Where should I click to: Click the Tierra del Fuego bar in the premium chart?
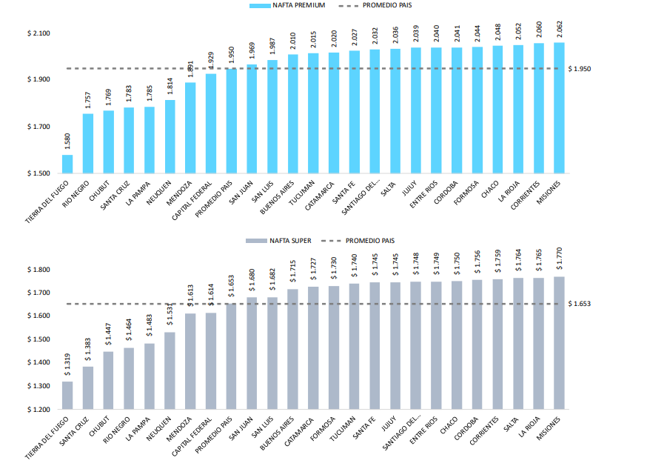tap(67, 164)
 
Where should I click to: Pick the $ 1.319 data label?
tap(67, 365)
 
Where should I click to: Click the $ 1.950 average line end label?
tap(579, 69)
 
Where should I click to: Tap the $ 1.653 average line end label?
tap(579, 304)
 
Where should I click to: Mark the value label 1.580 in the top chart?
tap(67, 141)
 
